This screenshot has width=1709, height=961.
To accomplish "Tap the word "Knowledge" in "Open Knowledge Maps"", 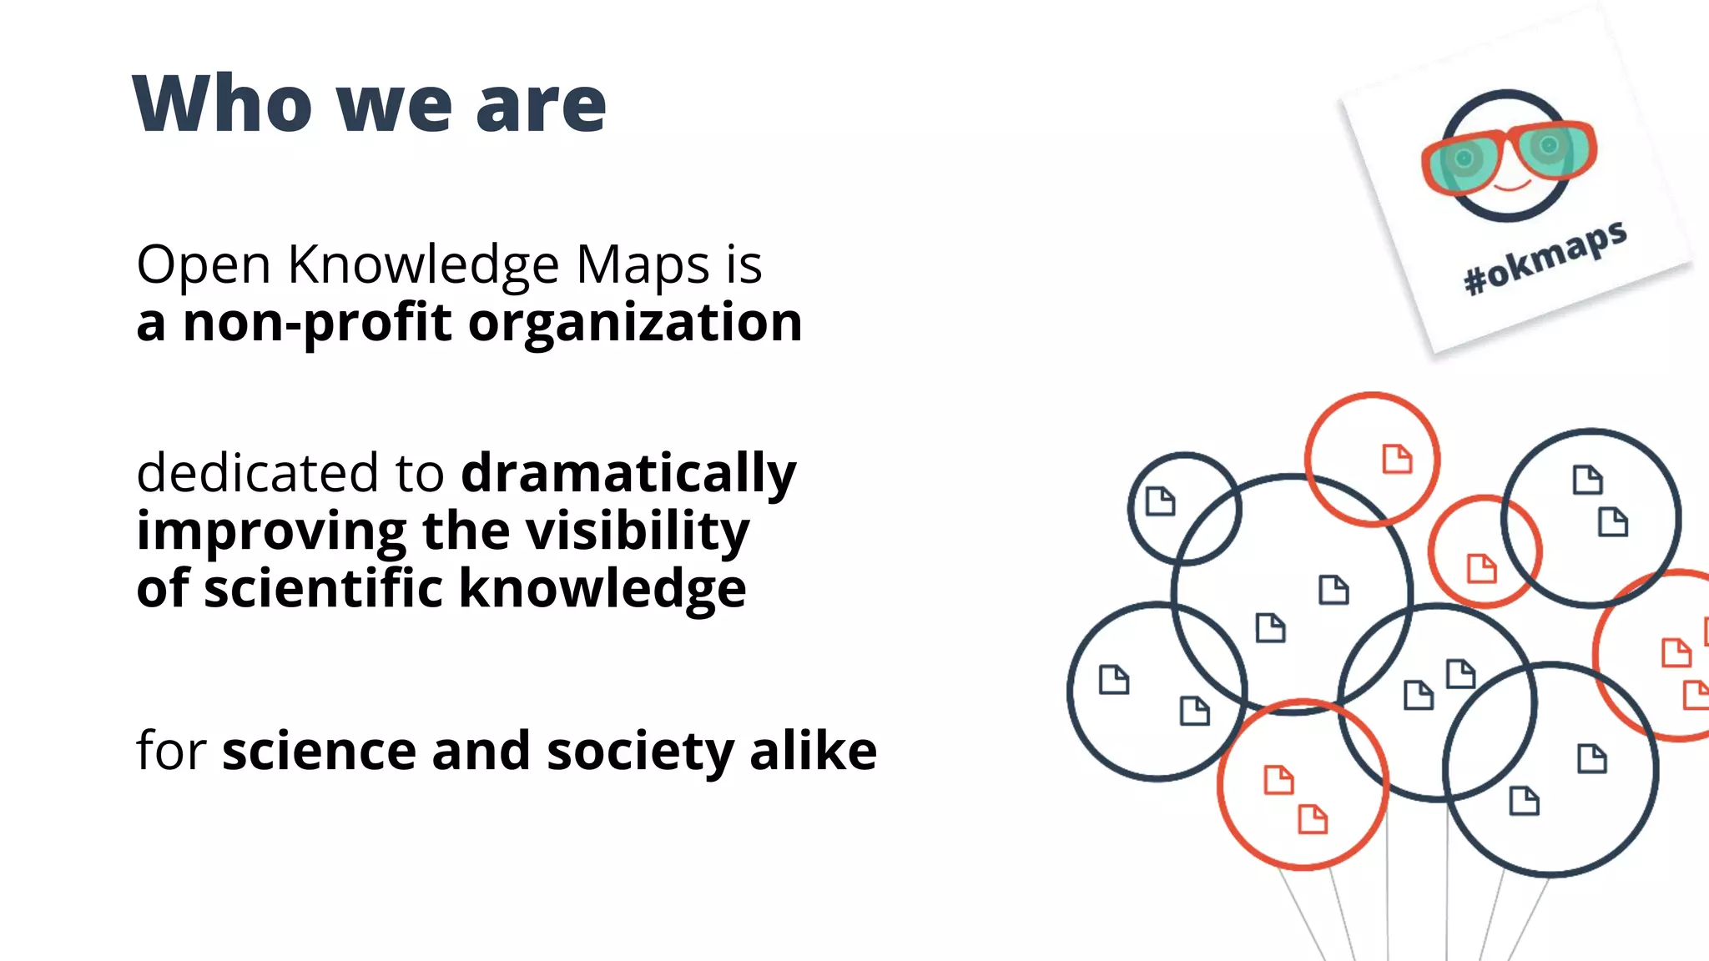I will click(x=423, y=265).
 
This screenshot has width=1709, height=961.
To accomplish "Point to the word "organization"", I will click(x=635, y=324).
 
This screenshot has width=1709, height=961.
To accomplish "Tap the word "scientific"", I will click(x=324, y=588).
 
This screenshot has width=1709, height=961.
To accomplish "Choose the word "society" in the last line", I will click(x=641, y=751).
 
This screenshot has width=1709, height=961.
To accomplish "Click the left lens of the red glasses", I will click(x=1464, y=160).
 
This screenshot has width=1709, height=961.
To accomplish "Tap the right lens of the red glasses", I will click(x=1551, y=147).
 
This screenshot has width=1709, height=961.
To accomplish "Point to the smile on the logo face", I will click(x=1511, y=185).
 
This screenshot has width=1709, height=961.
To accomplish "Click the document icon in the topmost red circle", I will click(x=1397, y=459).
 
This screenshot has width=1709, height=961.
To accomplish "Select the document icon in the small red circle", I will click(x=1482, y=568).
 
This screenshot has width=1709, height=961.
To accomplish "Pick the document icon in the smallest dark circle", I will click(x=1160, y=501).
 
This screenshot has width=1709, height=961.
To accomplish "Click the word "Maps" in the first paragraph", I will click(x=643, y=265).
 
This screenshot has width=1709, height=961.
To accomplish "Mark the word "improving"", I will click(x=272, y=532).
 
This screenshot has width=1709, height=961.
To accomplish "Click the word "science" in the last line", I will click(x=319, y=751).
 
